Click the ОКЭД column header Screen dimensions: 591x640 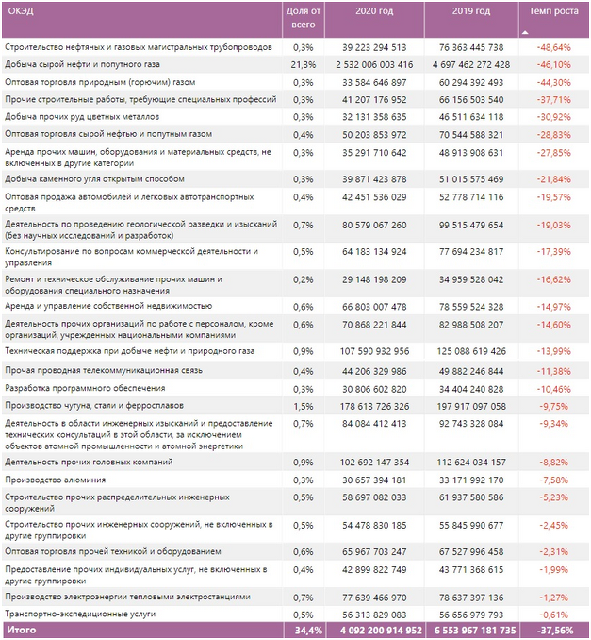[21, 11]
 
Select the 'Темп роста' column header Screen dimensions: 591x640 [553, 11]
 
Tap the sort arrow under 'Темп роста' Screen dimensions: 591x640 [525, 32]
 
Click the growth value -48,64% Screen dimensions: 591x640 [553, 47]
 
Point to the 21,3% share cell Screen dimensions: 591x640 [303, 64]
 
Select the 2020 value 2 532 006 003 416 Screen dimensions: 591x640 [374, 64]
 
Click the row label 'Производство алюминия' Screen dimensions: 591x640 [55, 480]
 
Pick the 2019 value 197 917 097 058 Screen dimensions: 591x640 [471, 407]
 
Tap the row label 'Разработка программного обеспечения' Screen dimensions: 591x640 [85, 388]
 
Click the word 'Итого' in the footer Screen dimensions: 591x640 [22, 630]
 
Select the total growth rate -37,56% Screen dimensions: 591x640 [555, 631]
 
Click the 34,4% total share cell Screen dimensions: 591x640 [308, 631]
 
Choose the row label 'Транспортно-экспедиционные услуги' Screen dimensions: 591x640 [80, 614]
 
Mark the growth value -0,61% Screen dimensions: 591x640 [553, 615]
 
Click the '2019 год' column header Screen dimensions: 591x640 [471, 11]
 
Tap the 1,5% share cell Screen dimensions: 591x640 [303, 407]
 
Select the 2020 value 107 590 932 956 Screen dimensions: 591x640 [374, 351]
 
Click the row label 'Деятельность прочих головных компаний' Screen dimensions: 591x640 [89, 462]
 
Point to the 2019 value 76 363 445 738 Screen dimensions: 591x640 [471, 47]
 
